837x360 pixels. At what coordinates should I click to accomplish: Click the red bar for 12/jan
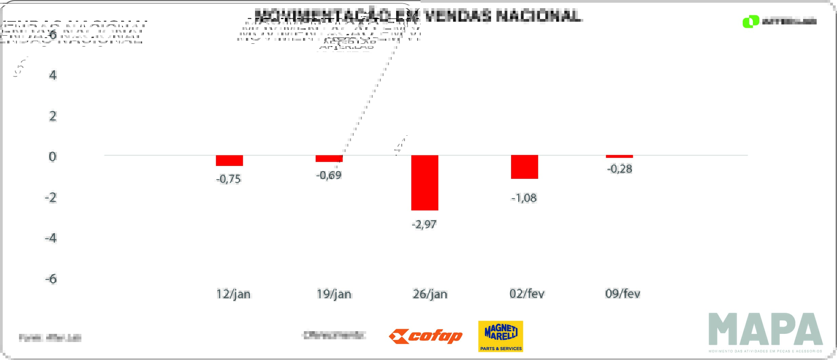pos(229,160)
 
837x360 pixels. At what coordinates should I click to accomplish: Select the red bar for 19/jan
pos(329,158)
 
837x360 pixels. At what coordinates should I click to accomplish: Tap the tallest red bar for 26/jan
pos(425,183)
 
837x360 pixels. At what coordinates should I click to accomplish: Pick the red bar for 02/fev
pos(524,167)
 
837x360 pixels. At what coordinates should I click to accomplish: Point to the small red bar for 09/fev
pos(619,156)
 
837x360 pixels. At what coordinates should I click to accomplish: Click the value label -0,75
pos(229,179)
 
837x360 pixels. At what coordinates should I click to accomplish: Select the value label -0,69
pos(329,175)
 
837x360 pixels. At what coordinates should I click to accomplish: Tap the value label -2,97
pos(424,224)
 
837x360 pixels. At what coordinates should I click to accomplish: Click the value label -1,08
pos(524,198)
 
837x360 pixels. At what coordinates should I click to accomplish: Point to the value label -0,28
pos(620,169)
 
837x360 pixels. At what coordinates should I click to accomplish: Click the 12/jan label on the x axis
pos(233,294)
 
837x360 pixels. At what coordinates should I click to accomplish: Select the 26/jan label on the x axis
pos(430,294)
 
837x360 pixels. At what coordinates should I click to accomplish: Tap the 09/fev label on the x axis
pos(623,293)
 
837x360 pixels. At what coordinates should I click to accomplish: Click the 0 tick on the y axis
pos(53,157)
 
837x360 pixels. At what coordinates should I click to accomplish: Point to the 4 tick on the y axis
pos(53,75)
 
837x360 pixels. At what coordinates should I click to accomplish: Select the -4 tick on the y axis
pos(51,238)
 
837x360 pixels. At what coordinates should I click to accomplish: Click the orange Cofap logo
pos(426,337)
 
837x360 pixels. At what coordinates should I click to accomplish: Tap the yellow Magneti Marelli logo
pos(501,336)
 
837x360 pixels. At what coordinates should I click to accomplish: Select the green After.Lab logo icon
pos(751,21)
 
